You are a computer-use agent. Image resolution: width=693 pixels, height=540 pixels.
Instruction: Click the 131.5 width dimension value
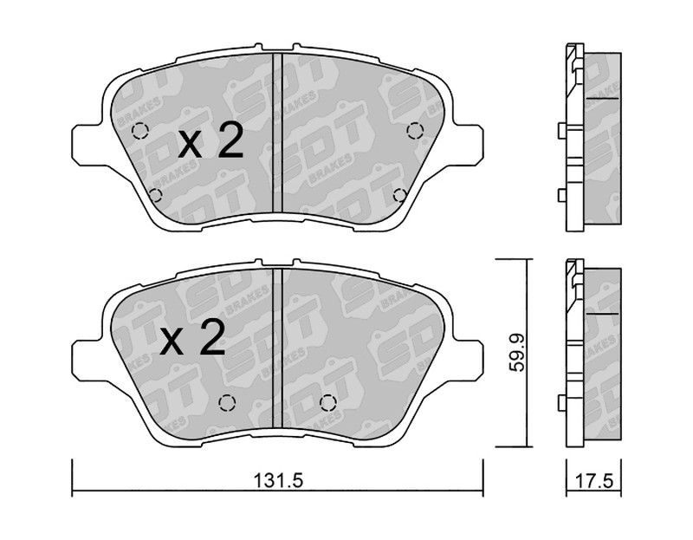[x=278, y=481]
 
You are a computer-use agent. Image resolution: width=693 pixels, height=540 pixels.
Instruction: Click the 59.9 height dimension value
[x=516, y=353]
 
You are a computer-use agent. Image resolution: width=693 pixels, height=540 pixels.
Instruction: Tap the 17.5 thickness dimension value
[x=593, y=481]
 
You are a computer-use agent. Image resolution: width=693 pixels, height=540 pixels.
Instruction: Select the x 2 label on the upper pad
[x=210, y=141]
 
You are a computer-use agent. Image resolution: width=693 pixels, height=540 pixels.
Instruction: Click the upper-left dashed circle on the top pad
[x=140, y=131]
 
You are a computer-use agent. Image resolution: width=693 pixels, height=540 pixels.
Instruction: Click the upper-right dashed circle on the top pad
[x=415, y=131]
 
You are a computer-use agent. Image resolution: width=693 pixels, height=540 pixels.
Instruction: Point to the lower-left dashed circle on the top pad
[x=155, y=195]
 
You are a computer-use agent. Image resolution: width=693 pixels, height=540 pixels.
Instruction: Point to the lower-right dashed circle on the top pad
[x=400, y=195]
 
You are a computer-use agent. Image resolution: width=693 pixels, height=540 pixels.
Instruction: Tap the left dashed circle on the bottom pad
[x=227, y=402]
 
